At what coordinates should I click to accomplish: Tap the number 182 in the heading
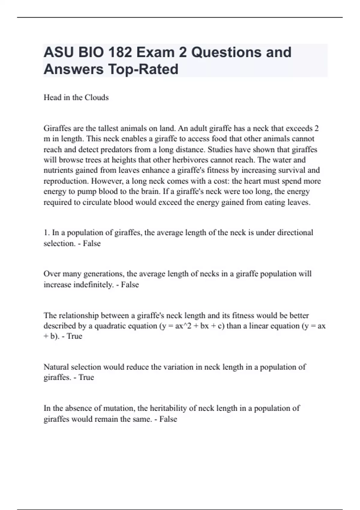tap(120, 52)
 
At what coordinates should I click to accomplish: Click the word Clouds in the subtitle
tap(97, 97)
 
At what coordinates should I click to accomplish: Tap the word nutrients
tap(58, 170)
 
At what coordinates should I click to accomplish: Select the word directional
tap(295, 233)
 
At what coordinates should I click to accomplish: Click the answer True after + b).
tap(74, 336)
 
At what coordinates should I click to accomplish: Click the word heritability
tap(168, 408)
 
